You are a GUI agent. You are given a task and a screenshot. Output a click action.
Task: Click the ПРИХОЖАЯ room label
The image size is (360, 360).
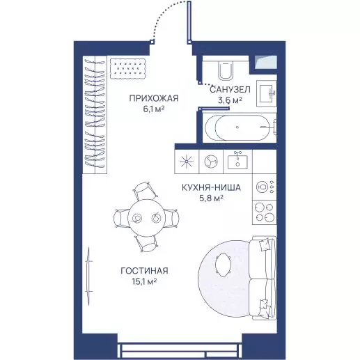coord(154,98)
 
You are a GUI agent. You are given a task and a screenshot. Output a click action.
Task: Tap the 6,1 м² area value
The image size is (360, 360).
coord(154,109)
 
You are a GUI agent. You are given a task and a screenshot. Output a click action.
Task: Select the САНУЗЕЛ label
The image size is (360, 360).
coord(230,89)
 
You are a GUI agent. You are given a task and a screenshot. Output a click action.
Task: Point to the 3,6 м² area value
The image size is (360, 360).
coord(230,100)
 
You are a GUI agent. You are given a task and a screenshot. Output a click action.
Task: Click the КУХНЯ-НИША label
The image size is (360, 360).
coord(211,187)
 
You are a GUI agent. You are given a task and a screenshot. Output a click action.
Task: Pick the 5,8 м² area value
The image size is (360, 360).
coord(211,198)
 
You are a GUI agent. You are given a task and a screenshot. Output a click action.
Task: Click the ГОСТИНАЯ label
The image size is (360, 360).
coord(144,271)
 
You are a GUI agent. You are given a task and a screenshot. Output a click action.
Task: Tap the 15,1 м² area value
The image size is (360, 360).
coord(144,281)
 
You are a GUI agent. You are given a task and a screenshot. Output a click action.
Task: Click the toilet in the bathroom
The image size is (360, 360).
coord(226,68)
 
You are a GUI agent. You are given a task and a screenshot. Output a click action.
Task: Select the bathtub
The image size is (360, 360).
coord(240,127)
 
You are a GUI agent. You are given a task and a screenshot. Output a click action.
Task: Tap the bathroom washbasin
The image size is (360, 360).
coord(266,93)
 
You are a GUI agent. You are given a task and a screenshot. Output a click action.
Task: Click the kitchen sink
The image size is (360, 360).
coord(237,161)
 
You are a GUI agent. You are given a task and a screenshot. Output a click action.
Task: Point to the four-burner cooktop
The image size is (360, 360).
coord(265,212)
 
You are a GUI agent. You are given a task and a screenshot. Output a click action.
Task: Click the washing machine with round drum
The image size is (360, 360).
coord(211,162)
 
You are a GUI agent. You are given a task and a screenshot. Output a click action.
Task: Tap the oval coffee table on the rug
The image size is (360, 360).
coord(223,265)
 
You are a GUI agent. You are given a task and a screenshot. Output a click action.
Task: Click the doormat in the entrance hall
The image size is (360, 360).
coord(127,69)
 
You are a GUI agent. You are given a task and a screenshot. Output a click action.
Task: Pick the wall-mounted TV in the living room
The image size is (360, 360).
coord(88,276)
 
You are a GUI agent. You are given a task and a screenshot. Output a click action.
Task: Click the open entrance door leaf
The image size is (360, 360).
coord(189,22)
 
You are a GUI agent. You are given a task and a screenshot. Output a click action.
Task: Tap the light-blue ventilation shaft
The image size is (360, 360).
coord(266,62)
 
